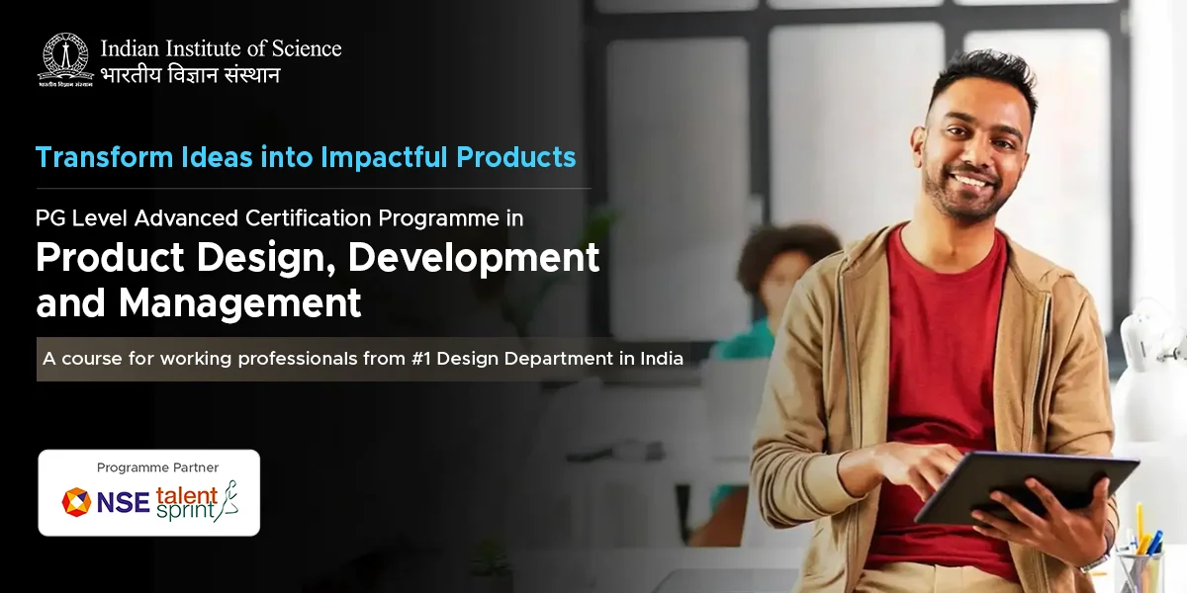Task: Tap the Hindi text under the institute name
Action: click(x=190, y=75)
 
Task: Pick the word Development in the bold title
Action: click(x=474, y=258)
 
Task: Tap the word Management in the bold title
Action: click(x=240, y=303)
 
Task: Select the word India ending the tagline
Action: click(x=661, y=359)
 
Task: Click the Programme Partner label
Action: click(x=157, y=467)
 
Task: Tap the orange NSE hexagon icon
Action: click(x=76, y=502)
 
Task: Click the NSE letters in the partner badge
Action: click(x=124, y=503)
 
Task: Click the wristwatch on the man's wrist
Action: click(x=1096, y=559)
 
